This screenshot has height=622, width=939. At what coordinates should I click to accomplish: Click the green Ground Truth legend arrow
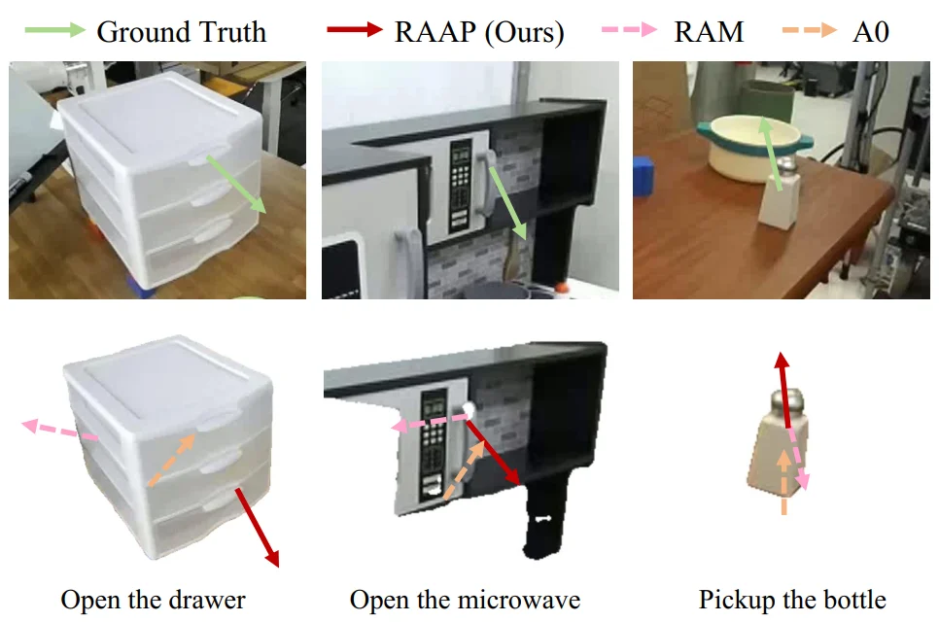(54, 30)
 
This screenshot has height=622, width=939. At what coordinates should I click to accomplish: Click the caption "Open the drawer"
(153, 600)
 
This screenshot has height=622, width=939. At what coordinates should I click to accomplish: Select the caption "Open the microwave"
(465, 600)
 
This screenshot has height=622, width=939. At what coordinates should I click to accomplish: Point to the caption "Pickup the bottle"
(792, 600)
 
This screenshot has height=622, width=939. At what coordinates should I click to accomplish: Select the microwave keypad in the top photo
(459, 181)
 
